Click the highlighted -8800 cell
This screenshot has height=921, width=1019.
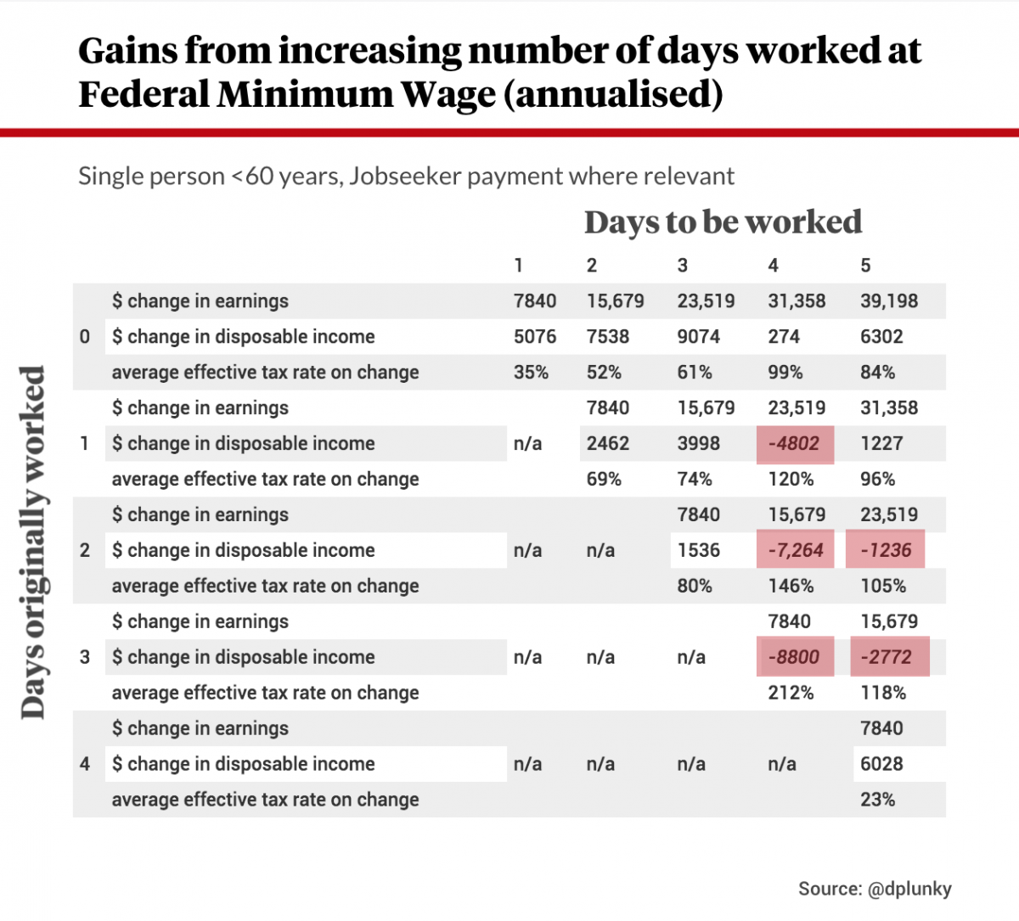click(x=795, y=657)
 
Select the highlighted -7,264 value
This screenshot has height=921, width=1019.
click(x=796, y=550)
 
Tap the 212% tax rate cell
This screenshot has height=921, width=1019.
click(x=791, y=693)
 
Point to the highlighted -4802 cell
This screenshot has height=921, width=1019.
click(x=795, y=443)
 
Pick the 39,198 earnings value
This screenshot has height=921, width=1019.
click(x=889, y=301)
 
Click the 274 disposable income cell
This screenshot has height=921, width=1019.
click(x=784, y=337)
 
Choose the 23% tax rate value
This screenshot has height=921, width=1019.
click(x=877, y=800)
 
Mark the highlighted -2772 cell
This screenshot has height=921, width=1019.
click(x=889, y=657)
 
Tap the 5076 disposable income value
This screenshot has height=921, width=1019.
click(x=535, y=337)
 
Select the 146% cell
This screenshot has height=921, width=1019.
click(x=791, y=586)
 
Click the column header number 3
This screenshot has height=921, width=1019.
click(x=682, y=266)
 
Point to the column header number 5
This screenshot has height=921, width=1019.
click(x=865, y=266)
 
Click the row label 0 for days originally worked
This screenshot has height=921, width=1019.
click(x=85, y=337)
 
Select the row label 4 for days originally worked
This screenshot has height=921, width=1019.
click(x=85, y=764)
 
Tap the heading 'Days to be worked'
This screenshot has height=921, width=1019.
click(x=723, y=222)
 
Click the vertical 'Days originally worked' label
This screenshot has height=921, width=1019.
click(x=33, y=543)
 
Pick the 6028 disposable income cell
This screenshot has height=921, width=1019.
click(x=881, y=764)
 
